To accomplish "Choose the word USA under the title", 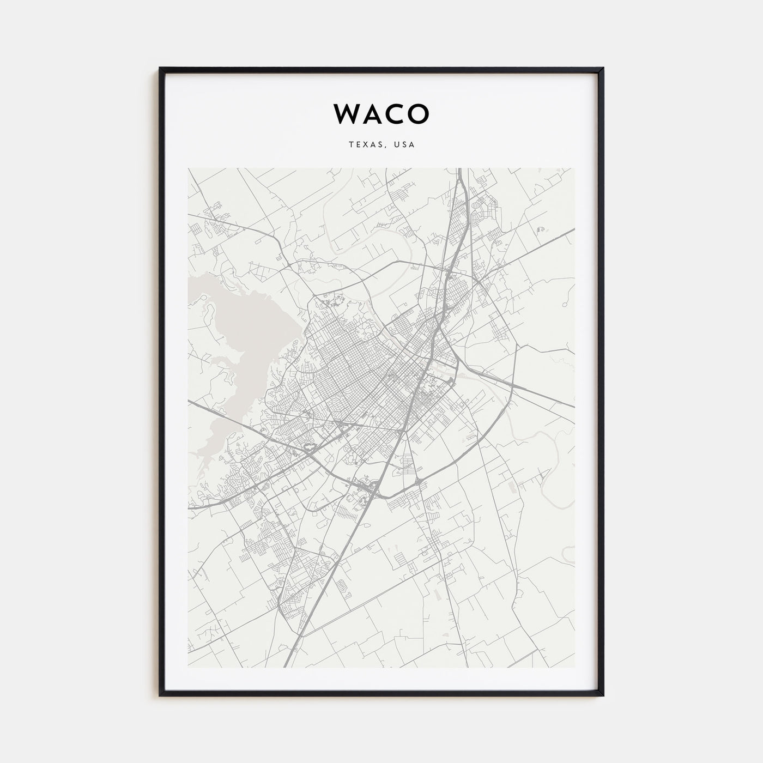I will point(404,145).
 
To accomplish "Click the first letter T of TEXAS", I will point(349,145).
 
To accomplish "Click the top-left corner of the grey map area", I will point(188,168).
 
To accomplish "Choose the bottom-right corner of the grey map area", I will point(574,667).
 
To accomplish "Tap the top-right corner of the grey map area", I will point(574,168).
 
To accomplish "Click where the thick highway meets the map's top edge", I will point(460,169).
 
